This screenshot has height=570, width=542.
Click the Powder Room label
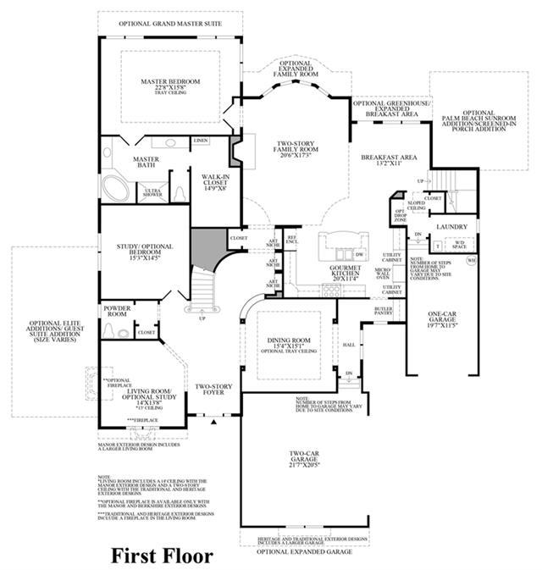[117, 311]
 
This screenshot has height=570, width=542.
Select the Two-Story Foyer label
[215, 390]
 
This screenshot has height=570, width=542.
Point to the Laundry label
[446, 228]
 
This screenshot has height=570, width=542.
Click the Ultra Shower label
[153, 194]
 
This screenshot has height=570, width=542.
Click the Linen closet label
[200, 141]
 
